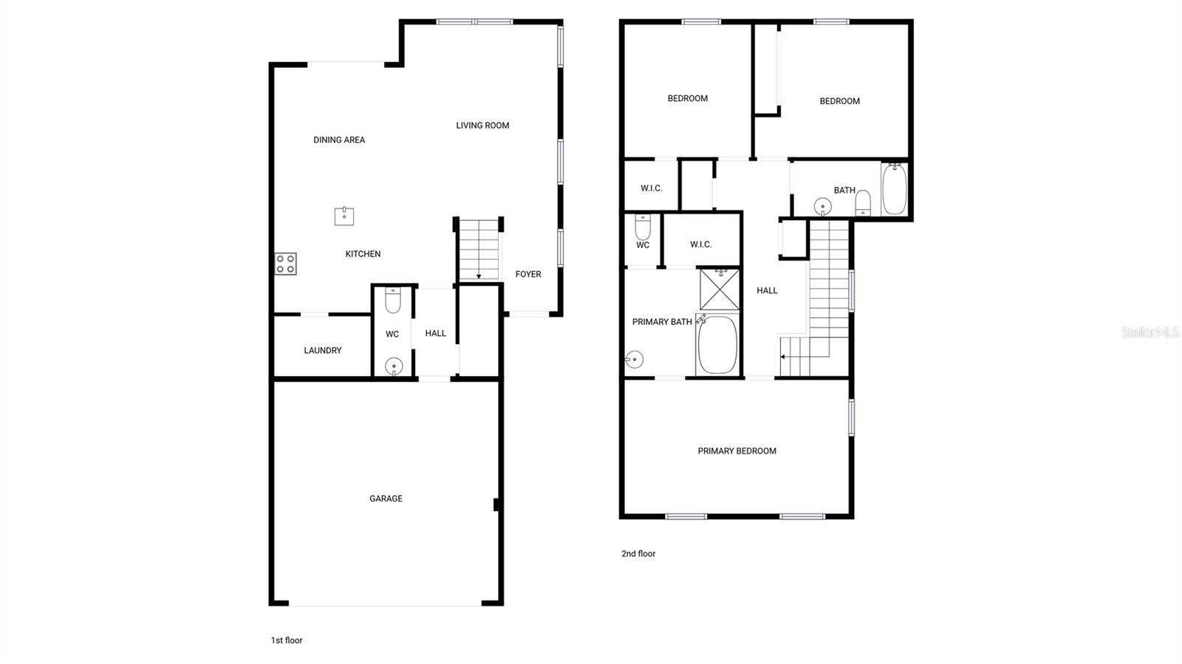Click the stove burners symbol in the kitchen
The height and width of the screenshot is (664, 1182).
pyautogui.click(x=286, y=264)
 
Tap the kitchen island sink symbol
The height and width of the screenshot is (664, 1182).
pyautogui.click(x=344, y=216)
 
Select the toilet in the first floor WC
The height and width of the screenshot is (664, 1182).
pyautogui.click(x=392, y=301)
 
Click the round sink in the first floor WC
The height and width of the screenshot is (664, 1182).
pyautogui.click(x=394, y=366)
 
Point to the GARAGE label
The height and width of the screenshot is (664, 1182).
pyautogui.click(x=386, y=499)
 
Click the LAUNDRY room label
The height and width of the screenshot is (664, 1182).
pyautogui.click(x=323, y=350)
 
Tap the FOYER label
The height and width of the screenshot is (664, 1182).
pyautogui.click(x=528, y=274)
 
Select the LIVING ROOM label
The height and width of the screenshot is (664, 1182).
pyautogui.click(x=482, y=126)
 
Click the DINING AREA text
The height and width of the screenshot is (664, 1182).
pyautogui.click(x=339, y=140)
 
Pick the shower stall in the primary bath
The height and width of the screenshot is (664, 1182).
pyautogui.click(x=720, y=290)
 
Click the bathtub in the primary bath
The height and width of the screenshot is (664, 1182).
pyautogui.click(x=717, y=345)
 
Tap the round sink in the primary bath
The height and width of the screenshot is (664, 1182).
pyautogui.click(x=634, y=360)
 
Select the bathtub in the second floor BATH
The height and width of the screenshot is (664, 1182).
pyautogui.click(x=894, y=190)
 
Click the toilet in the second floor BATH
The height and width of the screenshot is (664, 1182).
pyautogui.click(x=863, y=202)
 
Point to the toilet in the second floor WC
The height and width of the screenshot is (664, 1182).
pyautogui.click(x=643, y=227)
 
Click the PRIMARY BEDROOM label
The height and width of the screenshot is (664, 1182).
pyautogui.click(x=737, y=451)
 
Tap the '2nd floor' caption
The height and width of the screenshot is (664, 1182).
pyautogui.click(x=638, y=553)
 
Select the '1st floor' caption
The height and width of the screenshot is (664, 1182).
pyautogui.click(x=287, y=640)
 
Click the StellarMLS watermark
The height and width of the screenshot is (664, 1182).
pyautogui.click(x=1150, y=332)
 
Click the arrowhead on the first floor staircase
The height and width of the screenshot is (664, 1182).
pyautogui.click(x=479, y=276)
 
